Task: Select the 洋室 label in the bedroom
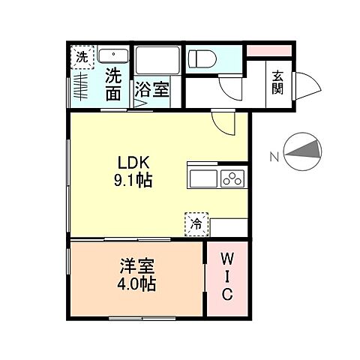pos(136,267)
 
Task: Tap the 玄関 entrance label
pos(277,81)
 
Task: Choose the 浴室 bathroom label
pos(151,91)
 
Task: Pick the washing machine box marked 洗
pos(81,56)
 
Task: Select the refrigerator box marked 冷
pos(195,223)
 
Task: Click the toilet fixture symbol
pos(201,58)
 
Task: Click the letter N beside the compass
pos(274,156)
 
